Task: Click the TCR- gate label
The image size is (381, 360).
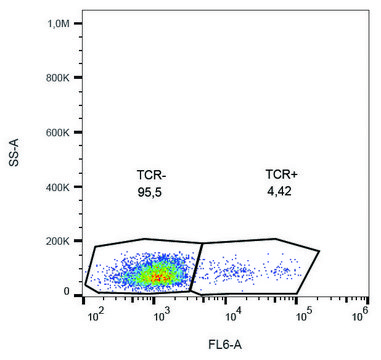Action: click(151, 173)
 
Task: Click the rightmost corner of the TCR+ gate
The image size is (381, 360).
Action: click(319, 250)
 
